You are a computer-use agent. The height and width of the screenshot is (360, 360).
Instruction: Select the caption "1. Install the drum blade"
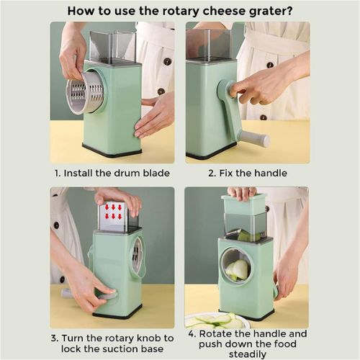tap(112, 174)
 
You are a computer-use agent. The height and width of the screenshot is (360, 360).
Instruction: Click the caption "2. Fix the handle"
tap(248, 174)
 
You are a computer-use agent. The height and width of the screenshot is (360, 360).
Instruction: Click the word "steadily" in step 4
tap(248, 354)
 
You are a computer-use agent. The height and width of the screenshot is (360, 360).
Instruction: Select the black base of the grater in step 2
tap(211, 154)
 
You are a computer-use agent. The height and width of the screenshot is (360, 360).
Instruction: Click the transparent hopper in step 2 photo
tap(209, 45)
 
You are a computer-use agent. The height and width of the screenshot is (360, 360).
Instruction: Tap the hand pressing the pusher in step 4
tap(242, 192)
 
